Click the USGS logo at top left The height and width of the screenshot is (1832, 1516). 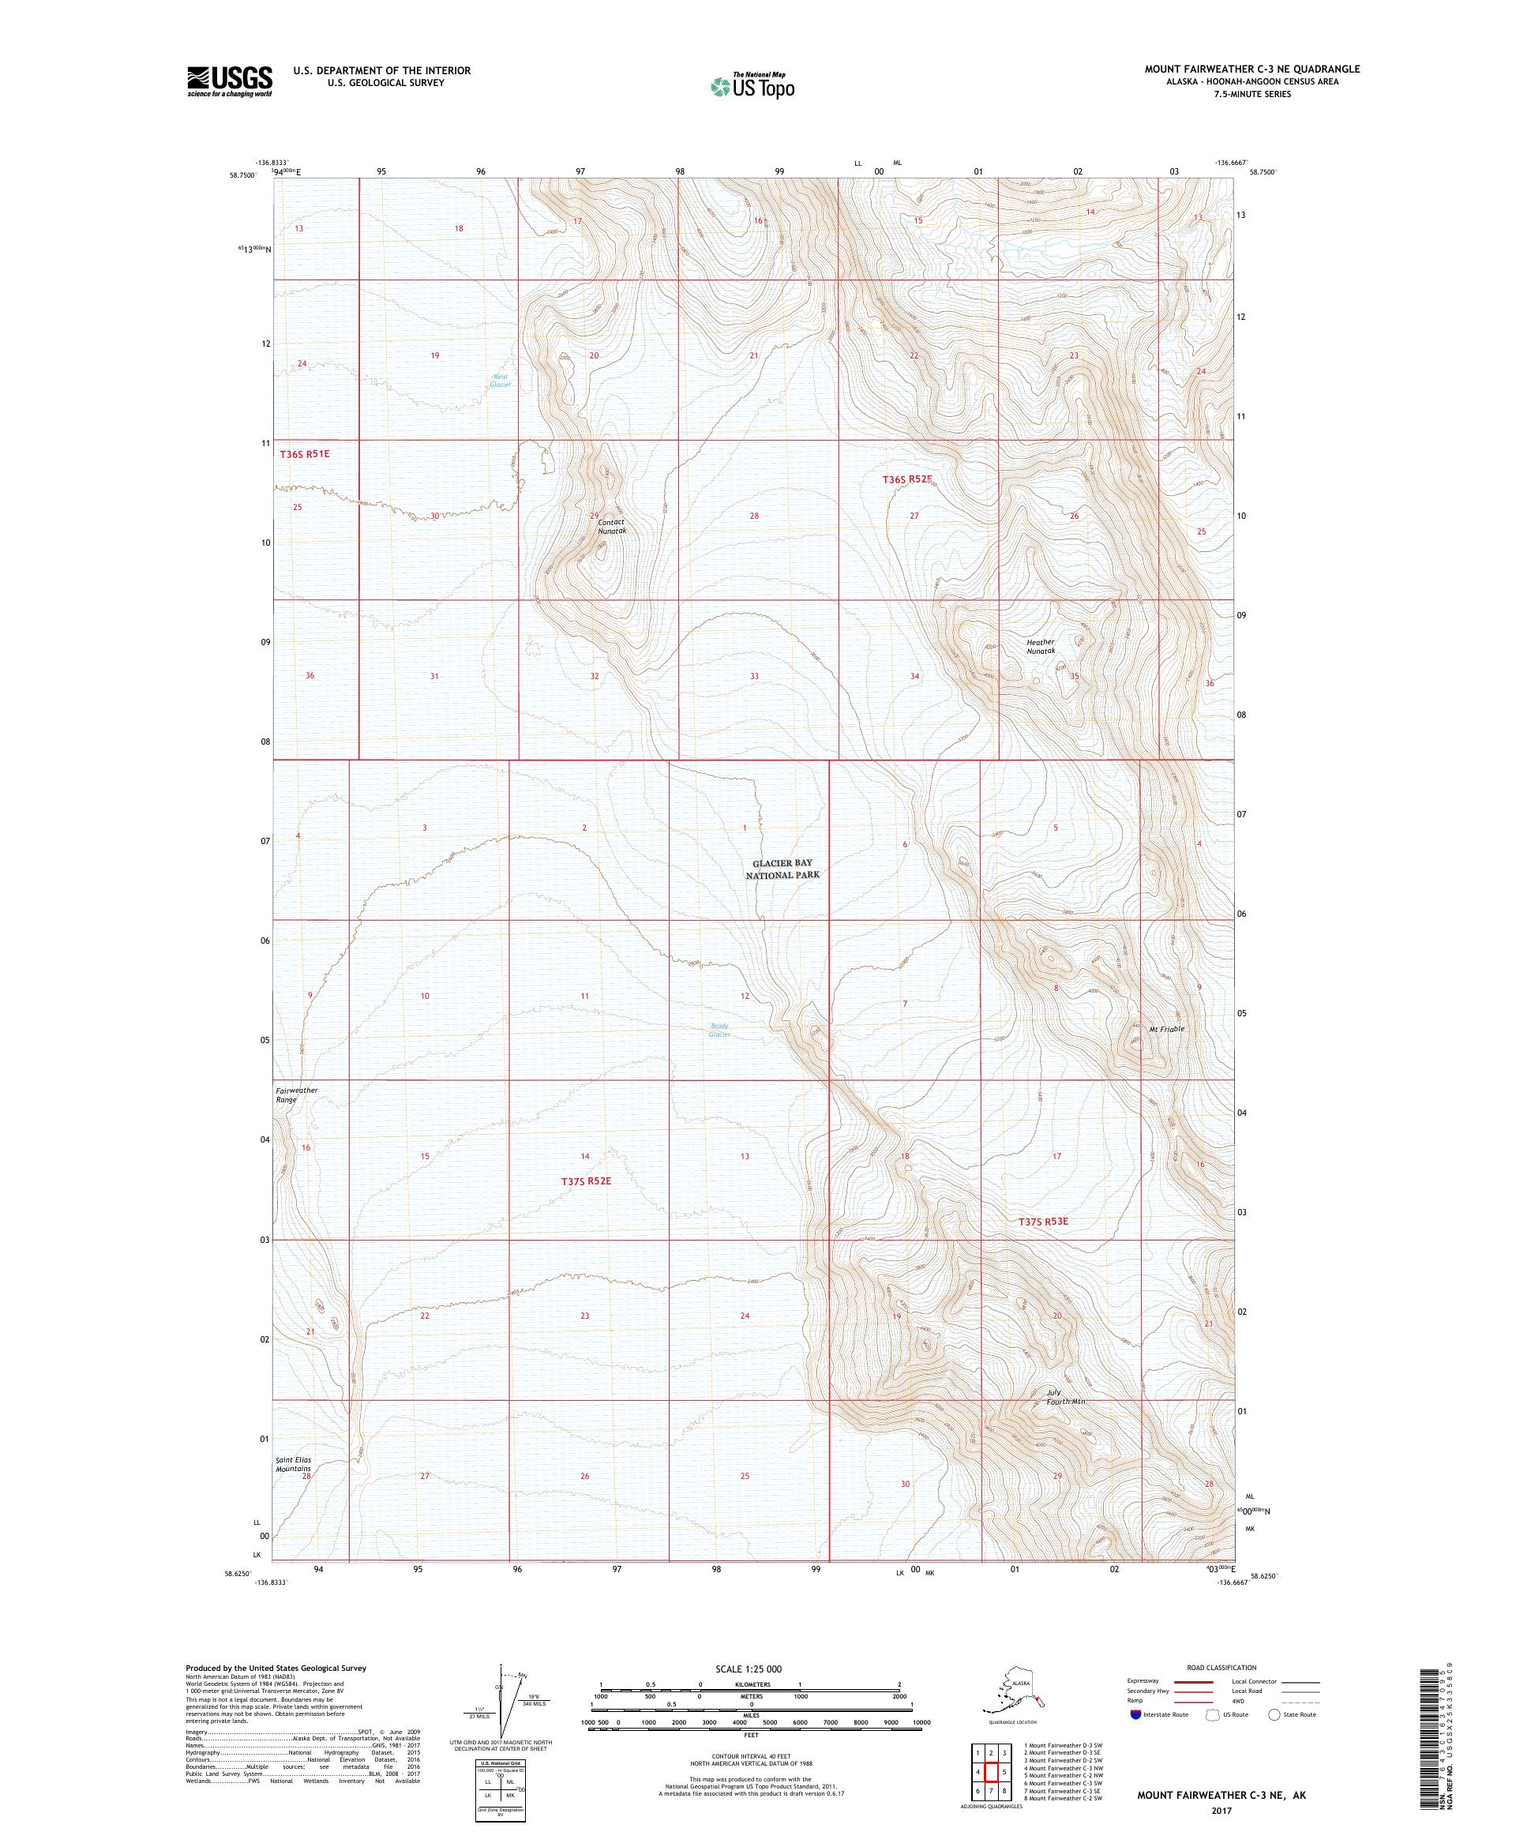pyautogui.click(x=228, y=81)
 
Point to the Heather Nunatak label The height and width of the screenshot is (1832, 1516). pyautogui.click(x=1041, y=647)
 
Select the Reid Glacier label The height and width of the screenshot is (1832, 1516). pyautogui.click(x=499, y=381)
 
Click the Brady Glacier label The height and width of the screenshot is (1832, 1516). pyautogui.click(x=719, y=1030)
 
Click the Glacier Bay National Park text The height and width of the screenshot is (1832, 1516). pyautogui.click(x=782, y=869)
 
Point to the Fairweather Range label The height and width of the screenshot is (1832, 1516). pyautogui.click(x=297, y=1096)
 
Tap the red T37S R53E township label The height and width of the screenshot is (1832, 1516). pyautogui.click(x=1042, y=1222)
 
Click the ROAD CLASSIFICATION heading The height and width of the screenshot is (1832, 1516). pyautogui.click(x=1221, y=1667)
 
